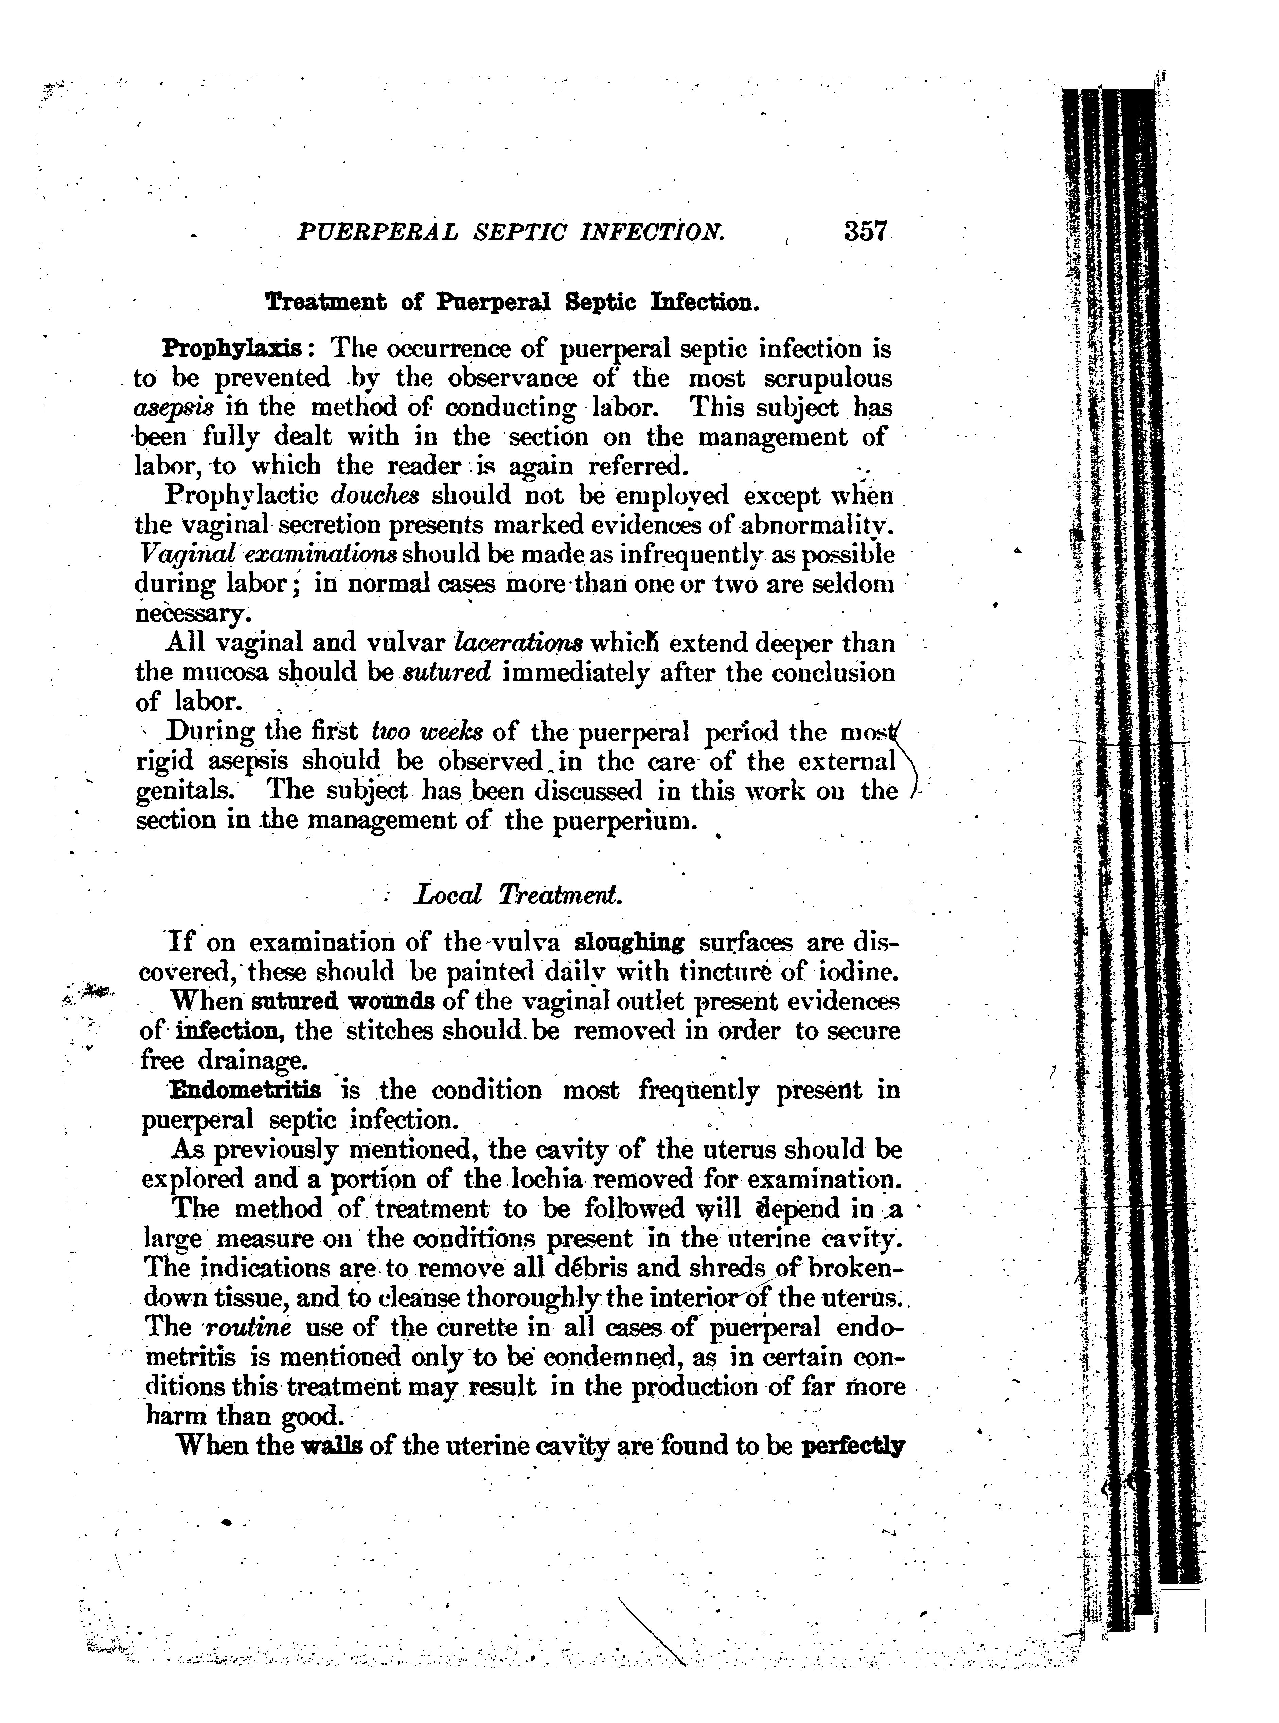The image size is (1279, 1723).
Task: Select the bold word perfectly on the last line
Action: point(855,1446)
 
